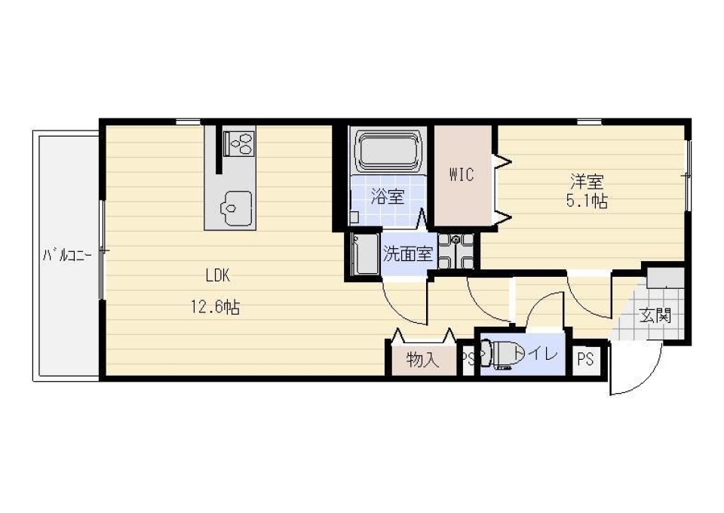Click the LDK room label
[217, 275]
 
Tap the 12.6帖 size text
[215, 306]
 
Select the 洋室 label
[587, 182]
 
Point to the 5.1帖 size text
[587, 201]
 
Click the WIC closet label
[462, 175]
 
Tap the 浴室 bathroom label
[388, 197]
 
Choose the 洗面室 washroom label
[408, 254]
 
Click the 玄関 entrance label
[655, 316]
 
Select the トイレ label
[535, 354]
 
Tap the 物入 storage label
[422, 360]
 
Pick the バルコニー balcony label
[67, 255]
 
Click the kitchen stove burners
[239, 143]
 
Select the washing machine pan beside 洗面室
[456, 251]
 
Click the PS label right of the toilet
[585, 359]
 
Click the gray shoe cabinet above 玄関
[665, 278]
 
